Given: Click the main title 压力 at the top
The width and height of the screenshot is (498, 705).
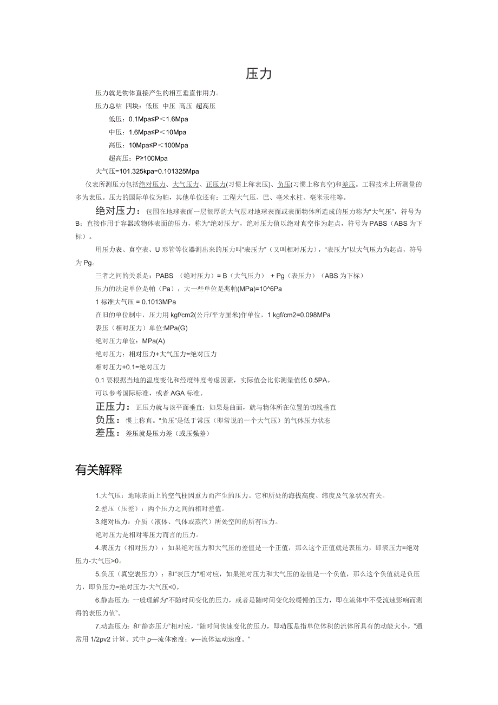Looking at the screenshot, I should pos(259,74).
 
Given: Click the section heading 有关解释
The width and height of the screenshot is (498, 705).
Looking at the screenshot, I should pos(99,470).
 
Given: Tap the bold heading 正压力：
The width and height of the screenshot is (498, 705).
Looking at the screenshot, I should pos(113,407).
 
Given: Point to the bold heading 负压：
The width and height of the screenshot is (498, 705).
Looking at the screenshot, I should pos(108,420).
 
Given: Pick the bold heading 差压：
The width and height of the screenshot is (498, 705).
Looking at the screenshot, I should pos(108,433).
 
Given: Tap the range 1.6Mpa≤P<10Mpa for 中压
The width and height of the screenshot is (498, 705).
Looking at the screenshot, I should pos(157,132).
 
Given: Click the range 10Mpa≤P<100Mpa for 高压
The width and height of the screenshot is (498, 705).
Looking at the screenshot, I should pos(158,145).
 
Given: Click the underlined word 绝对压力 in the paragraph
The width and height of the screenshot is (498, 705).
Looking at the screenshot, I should pos(152,185).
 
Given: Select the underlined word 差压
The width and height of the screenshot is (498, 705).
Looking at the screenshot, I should pos(349,185).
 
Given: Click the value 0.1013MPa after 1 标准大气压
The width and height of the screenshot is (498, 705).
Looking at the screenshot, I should pos(159,302).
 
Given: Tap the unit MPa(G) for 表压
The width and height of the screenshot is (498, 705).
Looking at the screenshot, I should pos(176,328).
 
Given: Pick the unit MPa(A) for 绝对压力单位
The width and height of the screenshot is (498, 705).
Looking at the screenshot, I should pos(153,341).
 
